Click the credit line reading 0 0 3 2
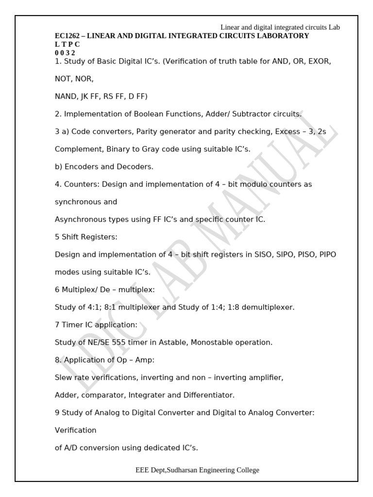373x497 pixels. coord(65,52)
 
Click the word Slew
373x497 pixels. coord(63,378)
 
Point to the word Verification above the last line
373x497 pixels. coord(76,430)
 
